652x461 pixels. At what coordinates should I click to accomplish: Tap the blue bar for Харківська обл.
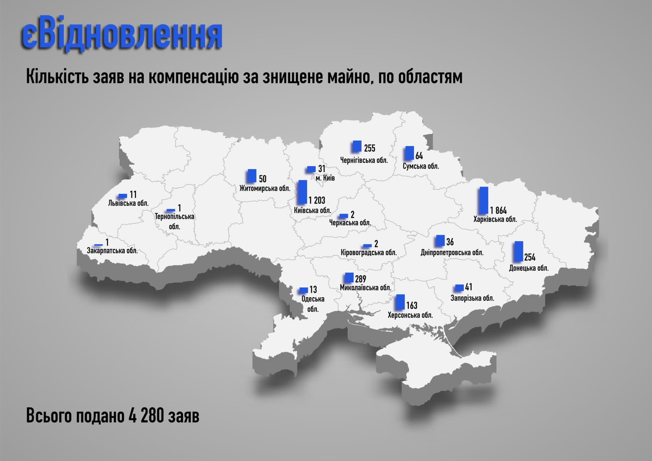point(483,200)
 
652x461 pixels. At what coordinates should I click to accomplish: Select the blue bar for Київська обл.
point(302,192)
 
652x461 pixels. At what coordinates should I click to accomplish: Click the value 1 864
point(498,211)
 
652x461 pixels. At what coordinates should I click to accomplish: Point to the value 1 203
point(317,200)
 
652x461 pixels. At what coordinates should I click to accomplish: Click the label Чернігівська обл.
point(364,160)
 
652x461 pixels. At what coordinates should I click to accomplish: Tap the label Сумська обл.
point(421,166)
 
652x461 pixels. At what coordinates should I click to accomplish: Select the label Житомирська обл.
point(265,188)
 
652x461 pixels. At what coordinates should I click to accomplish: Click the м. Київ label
point(325,178)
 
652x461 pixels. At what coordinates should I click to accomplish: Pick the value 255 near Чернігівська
point(370,148)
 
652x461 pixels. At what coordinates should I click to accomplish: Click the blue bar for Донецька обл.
point(518,251)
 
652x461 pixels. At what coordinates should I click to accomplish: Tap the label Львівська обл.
point(128,203)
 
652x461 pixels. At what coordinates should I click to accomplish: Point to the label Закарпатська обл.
point(112,250)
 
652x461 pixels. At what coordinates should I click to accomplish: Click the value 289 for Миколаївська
point(360,279)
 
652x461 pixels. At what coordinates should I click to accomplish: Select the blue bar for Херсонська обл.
point(400,302)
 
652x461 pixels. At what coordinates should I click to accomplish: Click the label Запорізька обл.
point(472,298)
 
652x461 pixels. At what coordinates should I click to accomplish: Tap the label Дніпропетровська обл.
point(452,252)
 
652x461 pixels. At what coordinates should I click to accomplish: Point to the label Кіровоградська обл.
point(368,252)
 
